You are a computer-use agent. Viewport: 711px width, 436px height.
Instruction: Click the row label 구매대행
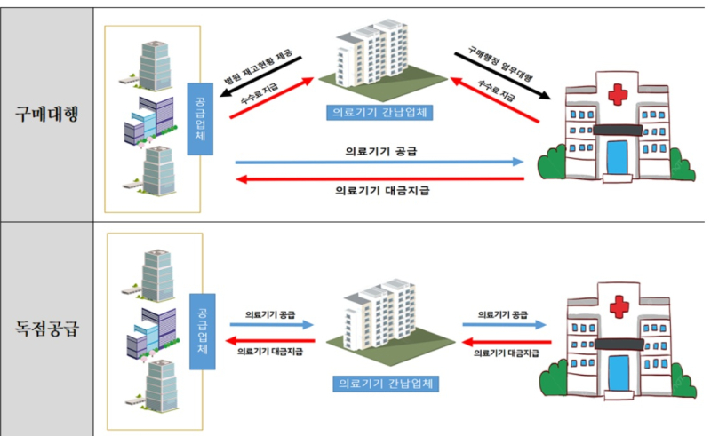48,115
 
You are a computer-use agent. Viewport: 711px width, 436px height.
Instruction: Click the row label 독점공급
48,329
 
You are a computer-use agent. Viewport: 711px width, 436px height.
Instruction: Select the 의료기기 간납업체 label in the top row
379,112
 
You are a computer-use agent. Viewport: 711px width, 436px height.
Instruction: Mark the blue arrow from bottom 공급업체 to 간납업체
272,325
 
